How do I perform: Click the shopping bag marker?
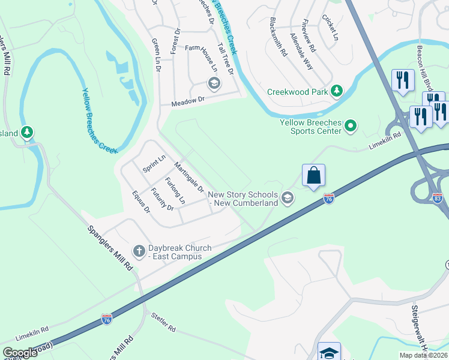[313, 176]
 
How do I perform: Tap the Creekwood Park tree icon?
[337, 91]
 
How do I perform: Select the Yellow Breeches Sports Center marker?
[351, 125]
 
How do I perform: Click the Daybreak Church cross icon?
[139, 251]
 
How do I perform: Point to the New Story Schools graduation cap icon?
[288, 198]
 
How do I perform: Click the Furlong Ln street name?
[176, 191]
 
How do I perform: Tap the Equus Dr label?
[142, 202]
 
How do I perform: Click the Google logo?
[20, 353]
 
